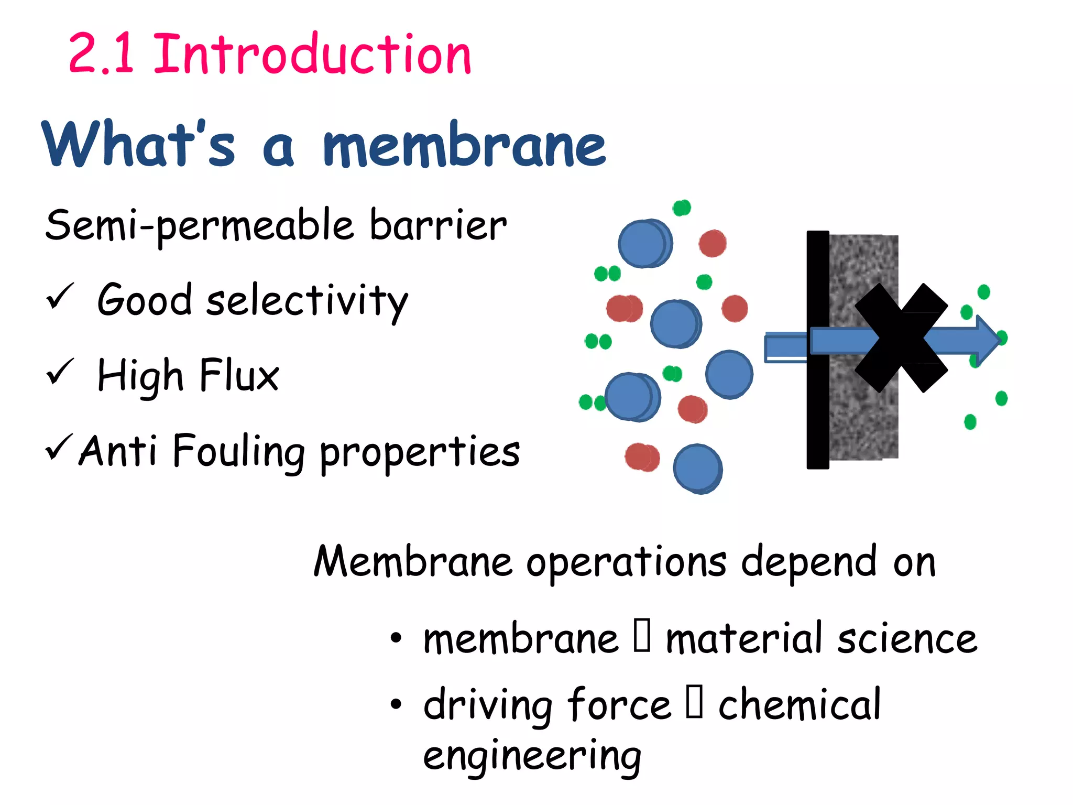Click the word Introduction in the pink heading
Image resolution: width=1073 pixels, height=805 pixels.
(312, 53)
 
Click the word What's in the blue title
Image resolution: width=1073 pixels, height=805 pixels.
(138, 144)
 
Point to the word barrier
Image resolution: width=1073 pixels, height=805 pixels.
(438, 225)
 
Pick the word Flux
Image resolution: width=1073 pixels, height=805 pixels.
(239, 375)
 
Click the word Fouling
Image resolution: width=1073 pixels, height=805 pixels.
(239, 452)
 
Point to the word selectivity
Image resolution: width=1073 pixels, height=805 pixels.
(307, 301)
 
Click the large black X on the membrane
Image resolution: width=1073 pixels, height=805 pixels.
(901, 338)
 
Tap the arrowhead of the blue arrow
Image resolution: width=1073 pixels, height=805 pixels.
(988, 340)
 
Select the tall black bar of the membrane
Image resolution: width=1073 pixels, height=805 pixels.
(817, 350)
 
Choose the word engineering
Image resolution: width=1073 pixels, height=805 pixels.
(532, 756)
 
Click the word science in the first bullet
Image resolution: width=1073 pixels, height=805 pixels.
(907, 639)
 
